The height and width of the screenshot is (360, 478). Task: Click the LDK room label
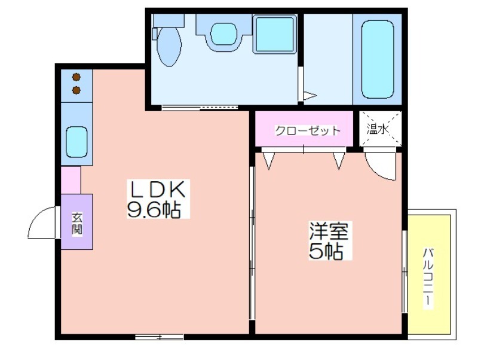pyautogui.click(x=158, y=189)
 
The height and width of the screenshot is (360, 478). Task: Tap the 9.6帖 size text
pyautogui.click(x=154, y=209)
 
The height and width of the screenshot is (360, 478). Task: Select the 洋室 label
pyautogui.click(x=329, y=231)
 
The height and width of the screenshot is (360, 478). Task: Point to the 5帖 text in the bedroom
pyautogui.click(x=326, y=251)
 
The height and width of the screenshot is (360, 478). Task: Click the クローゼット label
pyautogui.click(x=307, y=130)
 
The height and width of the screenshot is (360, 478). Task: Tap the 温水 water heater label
pyautogui.click(x=377, y=129)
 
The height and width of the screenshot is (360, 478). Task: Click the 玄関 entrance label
pyautogui.click(x=77, y=223)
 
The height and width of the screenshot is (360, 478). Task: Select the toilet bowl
pyautogui.click(x=169, y=47)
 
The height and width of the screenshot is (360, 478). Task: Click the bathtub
pyautogui.click(x=378, y=59)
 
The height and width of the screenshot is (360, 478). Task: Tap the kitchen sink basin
pyautogui.click(x=76, y=142)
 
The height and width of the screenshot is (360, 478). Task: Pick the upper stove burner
pyautogui.click(x=76, y=77)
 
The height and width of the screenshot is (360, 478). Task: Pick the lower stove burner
pyautogui.click(x=76, y=90)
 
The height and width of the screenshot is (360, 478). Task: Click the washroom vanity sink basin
pyautogui.click(x=223, y=33)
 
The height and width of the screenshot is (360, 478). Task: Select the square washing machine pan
pyautogui.click(x=275, y=35)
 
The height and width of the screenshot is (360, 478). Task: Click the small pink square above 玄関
pyautogui.click(x=71, y=180)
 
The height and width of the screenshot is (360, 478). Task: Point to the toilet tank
pyautogui.click(x=169, y=20)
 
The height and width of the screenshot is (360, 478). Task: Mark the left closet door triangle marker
pyautogui.click(x=268, y=160)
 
